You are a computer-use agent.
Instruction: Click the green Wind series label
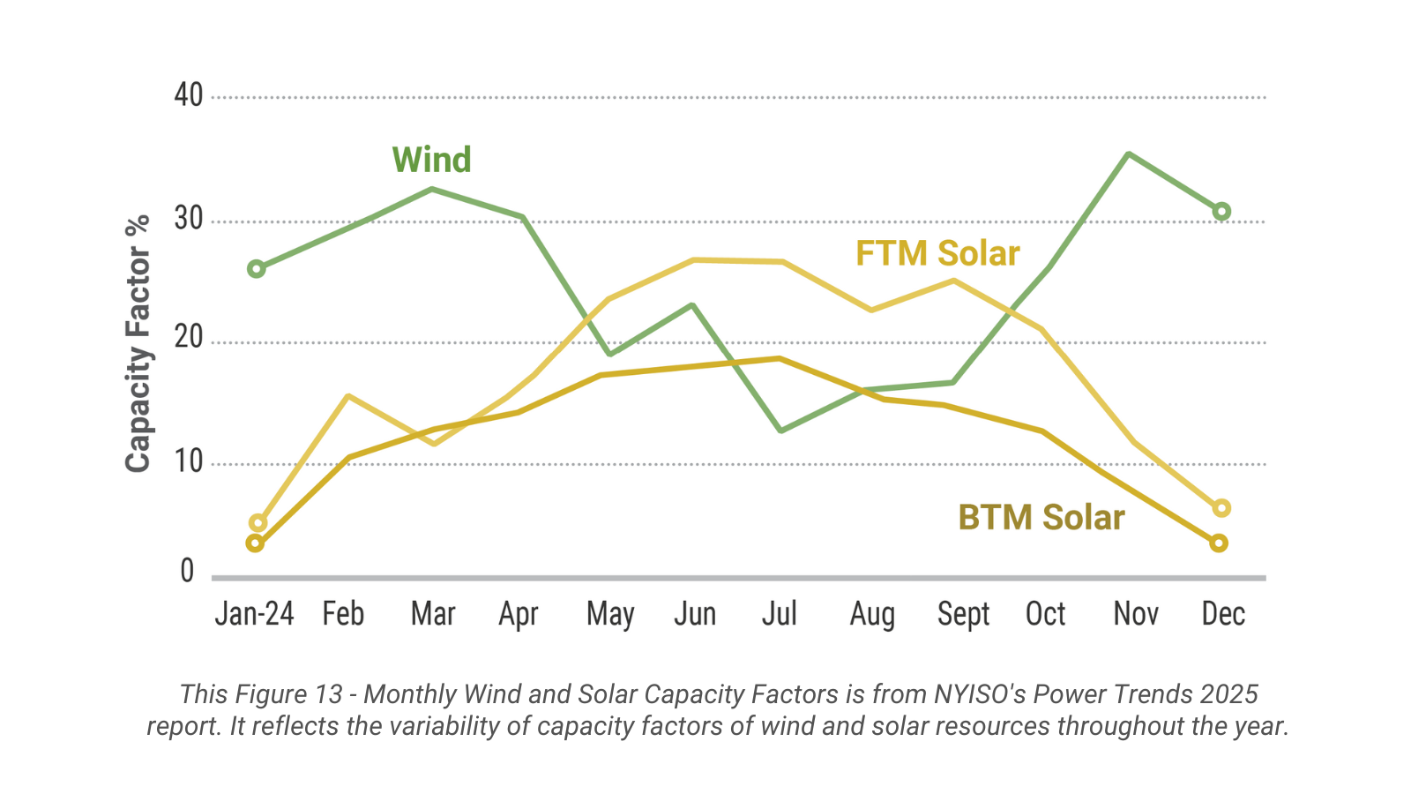coord(431,160)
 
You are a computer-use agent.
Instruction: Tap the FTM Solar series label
coord(937,253)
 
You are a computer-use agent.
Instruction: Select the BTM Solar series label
coord(1041,517)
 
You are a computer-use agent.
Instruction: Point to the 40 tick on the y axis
coord(189,95)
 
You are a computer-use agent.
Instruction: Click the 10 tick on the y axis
coord(189,461)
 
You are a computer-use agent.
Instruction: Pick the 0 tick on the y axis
coord(187,572)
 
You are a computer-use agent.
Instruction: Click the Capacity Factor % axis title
coord(138,344)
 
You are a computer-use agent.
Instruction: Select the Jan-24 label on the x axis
coord(254,613)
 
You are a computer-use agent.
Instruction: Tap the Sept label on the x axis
coord(963,613)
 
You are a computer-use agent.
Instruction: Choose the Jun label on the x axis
coord(695,613)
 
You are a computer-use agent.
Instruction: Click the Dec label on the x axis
coord(1223,613)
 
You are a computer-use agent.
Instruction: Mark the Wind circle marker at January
coord(257,268)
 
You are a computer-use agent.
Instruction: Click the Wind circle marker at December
coord(1221,212)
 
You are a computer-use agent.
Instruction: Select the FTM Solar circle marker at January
coord(258,523)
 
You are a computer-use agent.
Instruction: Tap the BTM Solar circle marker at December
coord(1219,543)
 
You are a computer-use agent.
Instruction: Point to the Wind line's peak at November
coord(1129,154)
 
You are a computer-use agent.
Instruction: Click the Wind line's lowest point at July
coord(781,431)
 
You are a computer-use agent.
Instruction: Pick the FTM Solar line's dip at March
coord(434,443)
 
